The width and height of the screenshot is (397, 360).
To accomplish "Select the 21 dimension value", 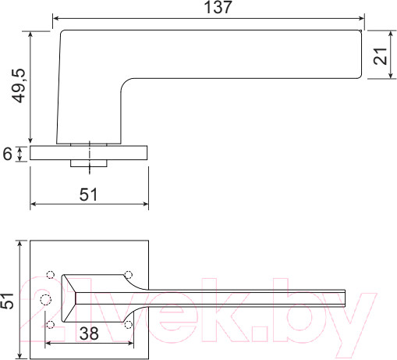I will tap(381, 55).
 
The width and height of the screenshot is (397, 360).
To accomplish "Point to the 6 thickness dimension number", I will tap(8, 154).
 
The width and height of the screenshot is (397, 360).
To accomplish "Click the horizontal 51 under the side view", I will tap(89, 195).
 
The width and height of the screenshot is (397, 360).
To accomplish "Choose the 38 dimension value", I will tap(88, 333).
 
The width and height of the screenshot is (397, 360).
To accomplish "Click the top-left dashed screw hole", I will tap(51, 275).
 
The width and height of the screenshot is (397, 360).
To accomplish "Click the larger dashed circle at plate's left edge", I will tap(45, 300).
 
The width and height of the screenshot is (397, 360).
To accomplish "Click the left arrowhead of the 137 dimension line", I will tap(56, 18).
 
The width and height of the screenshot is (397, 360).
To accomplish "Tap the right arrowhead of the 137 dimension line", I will tap(360, 18).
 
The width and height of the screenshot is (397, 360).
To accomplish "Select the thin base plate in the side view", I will tap(89, 153).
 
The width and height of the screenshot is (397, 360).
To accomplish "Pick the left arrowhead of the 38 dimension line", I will tap(51, 342).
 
